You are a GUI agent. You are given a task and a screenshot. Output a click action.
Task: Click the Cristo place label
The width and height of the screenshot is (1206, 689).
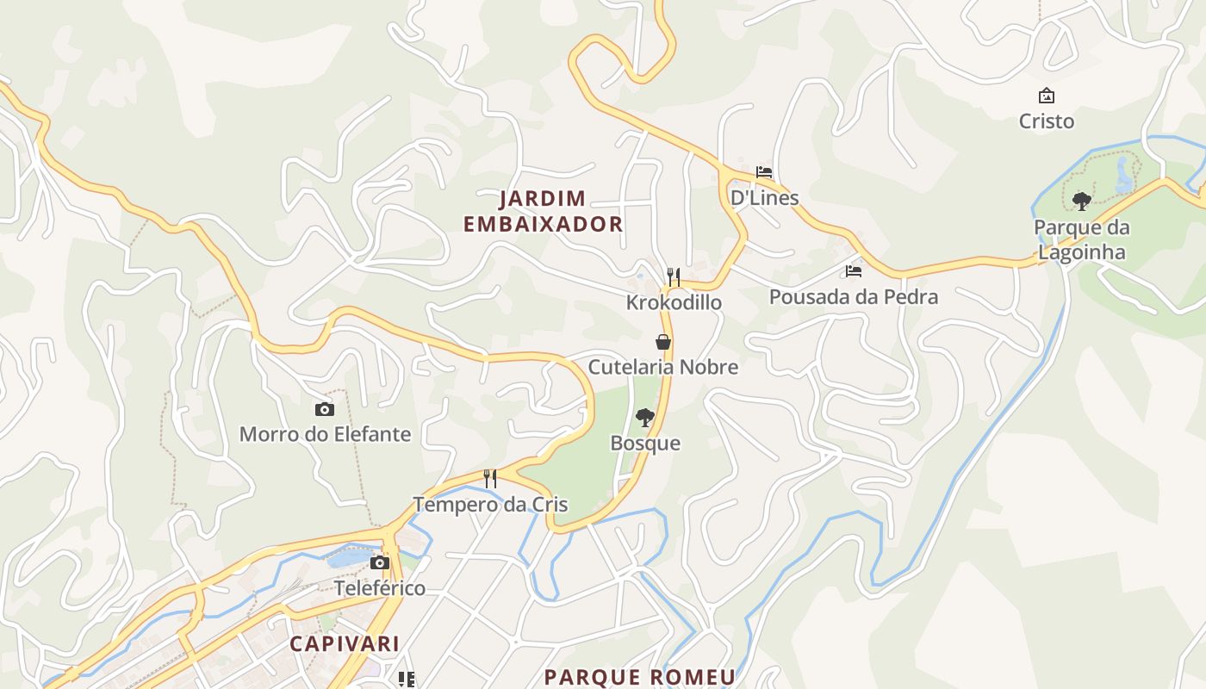(x=1047, y=121)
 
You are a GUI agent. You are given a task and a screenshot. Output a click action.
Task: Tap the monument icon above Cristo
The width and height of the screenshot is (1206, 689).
(x=1047, y=96)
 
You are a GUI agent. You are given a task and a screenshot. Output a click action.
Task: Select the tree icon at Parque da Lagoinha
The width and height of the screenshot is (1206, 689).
(x=1082, y=202)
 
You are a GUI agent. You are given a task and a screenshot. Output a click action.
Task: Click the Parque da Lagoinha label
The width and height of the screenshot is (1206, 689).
(x=1082, y=239)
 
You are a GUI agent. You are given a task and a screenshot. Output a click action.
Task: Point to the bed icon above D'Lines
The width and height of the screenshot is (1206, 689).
(x=764, y=172)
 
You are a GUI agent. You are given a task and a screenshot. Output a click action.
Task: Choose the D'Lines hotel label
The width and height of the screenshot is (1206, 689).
(x=764, y=197)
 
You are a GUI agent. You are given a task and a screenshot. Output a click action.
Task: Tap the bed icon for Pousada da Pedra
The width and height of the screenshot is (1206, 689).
(x=854, y=271)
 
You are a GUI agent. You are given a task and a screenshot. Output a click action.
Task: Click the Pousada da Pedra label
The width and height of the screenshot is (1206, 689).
(x=854, y=297)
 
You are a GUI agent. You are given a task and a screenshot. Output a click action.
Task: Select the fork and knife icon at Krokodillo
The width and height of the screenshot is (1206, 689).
(x=674, y=277)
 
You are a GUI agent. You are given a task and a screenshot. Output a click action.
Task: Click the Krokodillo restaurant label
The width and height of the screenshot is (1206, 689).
(x=674, y=303)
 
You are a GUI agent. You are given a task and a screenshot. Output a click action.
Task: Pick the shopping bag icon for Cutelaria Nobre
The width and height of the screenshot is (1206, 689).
(x=663, y=342)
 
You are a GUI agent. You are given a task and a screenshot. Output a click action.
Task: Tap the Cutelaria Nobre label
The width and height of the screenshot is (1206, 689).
(x=663, y=367)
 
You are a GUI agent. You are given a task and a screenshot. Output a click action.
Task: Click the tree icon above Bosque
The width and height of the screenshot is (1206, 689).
(x=644, y=419)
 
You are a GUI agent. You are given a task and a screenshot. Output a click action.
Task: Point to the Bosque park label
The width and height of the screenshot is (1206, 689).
(x=645, y=444)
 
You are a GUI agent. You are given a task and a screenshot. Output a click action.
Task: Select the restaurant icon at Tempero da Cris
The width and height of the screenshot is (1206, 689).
(x=490, y=479)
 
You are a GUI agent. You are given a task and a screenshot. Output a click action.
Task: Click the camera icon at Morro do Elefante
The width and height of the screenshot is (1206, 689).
(x=325, y=409)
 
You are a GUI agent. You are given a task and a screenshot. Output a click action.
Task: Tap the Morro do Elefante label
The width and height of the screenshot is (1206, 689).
(x=325, y=434)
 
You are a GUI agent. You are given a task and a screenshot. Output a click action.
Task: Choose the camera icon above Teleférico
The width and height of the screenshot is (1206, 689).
(x=380, y=563)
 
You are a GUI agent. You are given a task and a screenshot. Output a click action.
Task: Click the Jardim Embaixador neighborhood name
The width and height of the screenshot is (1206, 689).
(x=543, y=212)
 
